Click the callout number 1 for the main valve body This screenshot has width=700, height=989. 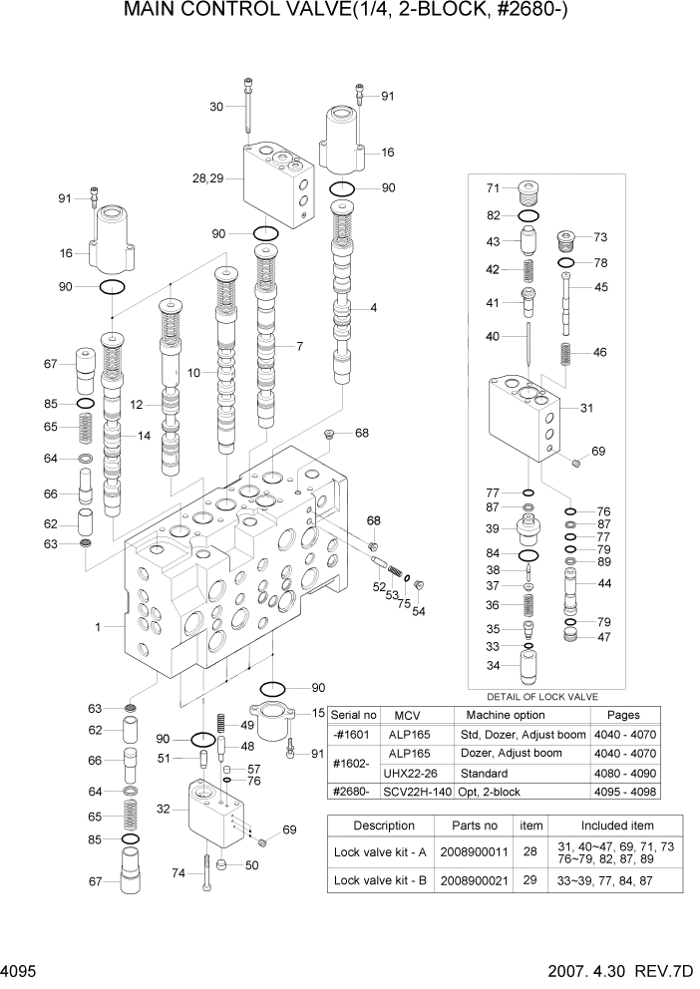pyautogui.click(x=98, y=627)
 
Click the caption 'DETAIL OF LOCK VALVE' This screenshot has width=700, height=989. pyautogui.click(x=542, y=696)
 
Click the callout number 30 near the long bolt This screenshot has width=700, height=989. pyautogui.click(x=216, y=107)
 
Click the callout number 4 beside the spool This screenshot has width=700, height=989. pyautogui.click(x=373, y=308)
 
